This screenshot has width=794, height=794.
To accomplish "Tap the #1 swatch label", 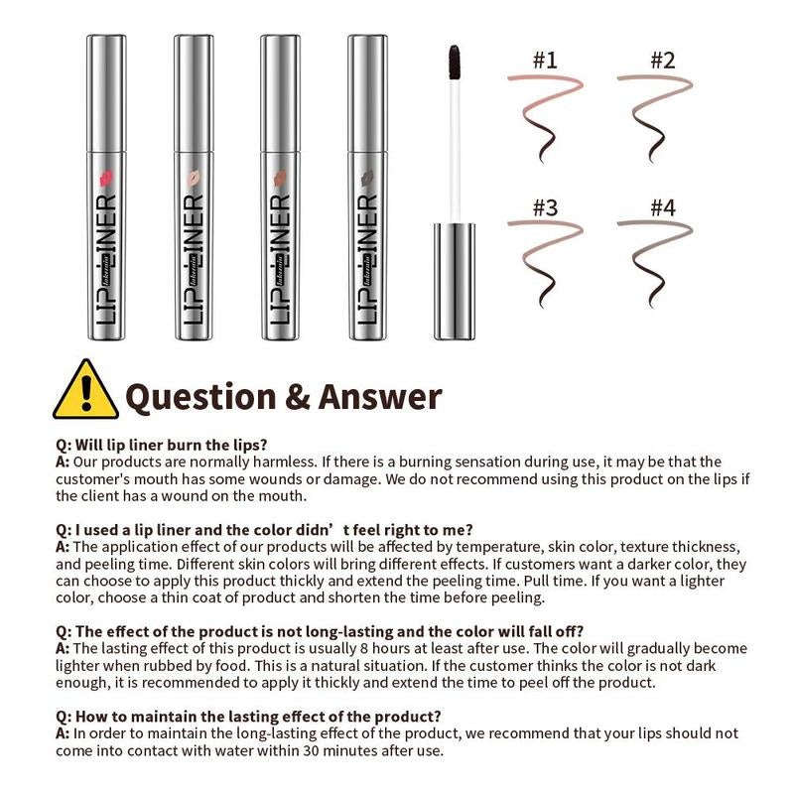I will [x=545, y=60].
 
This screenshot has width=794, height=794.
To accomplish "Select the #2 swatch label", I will [x=662, y=60].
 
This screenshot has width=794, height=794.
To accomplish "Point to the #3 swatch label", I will [x=545, y=207].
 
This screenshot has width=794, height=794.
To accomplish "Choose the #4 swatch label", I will [x=662, y=207].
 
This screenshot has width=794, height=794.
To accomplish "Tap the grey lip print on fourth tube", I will [x=368, y=179].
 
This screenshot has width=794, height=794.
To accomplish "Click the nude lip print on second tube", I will [x=194, y=179].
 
